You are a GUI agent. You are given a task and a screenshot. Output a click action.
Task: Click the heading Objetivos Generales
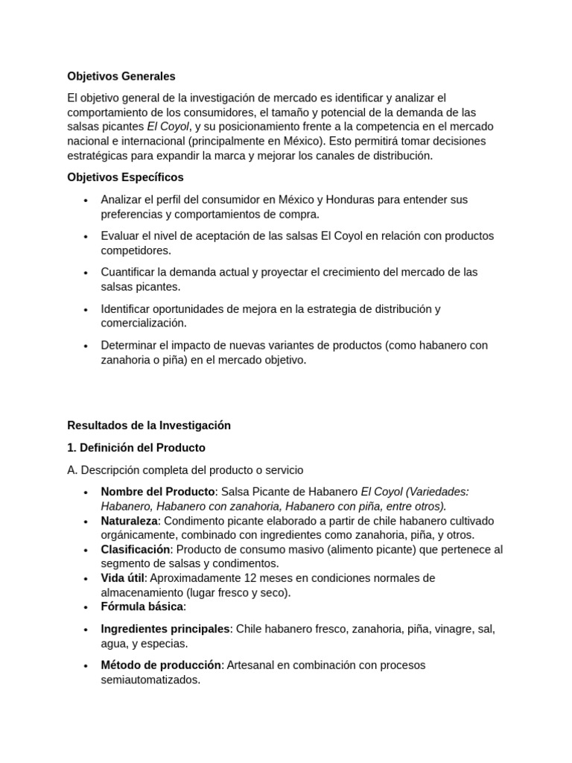coord(121,76)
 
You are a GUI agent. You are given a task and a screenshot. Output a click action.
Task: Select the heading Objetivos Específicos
coord(125,177)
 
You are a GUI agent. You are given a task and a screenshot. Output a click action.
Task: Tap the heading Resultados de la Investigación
coord(149,425)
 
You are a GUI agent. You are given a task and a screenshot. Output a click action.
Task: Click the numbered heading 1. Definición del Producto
coord(136,448)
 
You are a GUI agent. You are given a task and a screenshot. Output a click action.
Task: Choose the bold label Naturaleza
coord(130,521)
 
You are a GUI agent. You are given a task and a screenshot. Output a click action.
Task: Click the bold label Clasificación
coord(136,549)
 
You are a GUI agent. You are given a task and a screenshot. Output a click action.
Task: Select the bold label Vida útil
coord(122,578)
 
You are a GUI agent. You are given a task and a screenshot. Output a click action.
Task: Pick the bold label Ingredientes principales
coord(165,629)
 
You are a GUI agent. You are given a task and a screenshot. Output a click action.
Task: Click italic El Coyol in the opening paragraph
coord(168,127)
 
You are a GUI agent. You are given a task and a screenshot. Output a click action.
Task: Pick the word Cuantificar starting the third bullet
coord(130,273)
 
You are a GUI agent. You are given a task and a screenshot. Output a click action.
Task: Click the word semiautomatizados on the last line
coord(150,680)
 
